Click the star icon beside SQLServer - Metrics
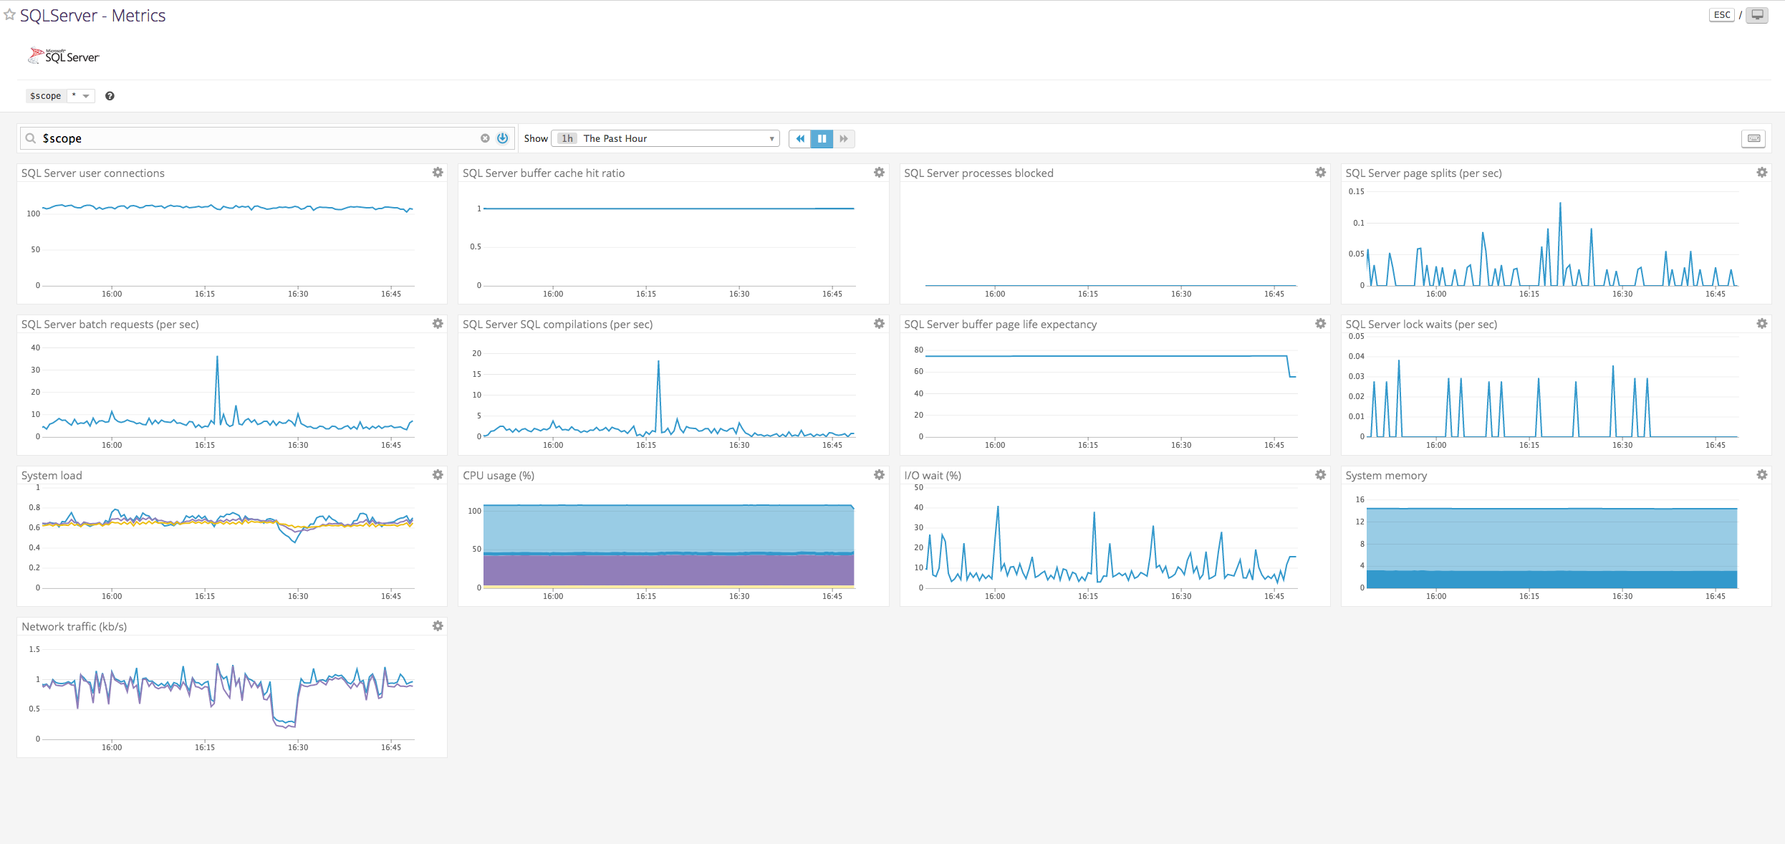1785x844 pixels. [x=10, y=15]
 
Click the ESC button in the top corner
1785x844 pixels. [x=1721, y=15]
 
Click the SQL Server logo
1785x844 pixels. [x=64, y=56]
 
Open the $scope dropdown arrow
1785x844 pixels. [x=86, y=96]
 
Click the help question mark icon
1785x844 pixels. [x=110, y=96]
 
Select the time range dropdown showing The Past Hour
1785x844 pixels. [x=665, y=138]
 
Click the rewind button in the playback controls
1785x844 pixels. [x=800, y=138]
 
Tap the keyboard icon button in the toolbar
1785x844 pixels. [x=1753, y=138]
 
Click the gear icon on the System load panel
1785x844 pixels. [x=438, y=475]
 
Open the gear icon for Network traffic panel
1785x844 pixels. [x=438, y=626]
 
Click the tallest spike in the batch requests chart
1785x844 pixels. [x=217, y=358]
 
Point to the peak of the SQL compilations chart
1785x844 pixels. [x=658, y=362]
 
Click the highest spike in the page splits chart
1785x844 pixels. [x=1560, y=204]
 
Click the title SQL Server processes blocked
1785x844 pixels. [x=978, y=173]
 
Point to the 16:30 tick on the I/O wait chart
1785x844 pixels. [x=1180, y=596]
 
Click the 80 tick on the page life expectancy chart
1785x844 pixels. [x=918, y=350]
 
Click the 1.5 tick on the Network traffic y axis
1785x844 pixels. [x=34, y=649]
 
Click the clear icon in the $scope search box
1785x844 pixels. [x=485, y=138]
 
